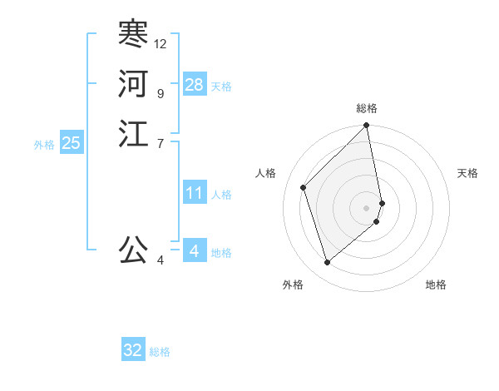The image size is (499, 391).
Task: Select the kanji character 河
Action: (133, 84)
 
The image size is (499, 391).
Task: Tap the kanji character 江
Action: (133, 134)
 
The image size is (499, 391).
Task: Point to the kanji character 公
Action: (133, 249)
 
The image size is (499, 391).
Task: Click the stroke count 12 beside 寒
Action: (161, 43)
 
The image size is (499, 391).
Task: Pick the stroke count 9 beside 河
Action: (160, 93)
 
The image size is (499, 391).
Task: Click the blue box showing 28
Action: (195, 84)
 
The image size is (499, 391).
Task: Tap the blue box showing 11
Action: (195, 193)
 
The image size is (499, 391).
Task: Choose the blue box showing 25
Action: (71, 143)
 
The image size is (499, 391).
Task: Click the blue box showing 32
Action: (133, 350)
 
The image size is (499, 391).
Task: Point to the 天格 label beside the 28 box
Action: (221, 86)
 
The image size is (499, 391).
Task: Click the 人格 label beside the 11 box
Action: (221, 195)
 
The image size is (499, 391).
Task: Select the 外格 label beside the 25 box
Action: (45, 145)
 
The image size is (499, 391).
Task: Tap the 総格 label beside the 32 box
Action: (160, 352)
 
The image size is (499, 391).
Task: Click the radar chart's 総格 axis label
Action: (367, 108)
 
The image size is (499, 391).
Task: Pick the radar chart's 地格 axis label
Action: (436, 285)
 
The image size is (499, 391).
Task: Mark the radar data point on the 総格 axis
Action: (367, 126)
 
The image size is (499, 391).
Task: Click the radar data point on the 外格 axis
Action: (327, 263)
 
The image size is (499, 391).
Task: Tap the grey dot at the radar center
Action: (367, 207)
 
